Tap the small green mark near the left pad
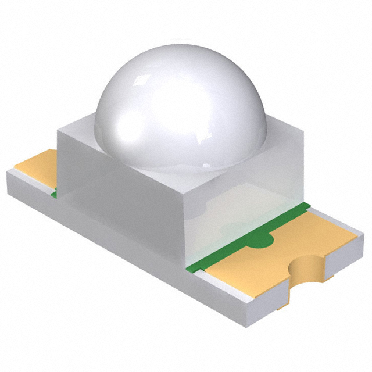point(54,194)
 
